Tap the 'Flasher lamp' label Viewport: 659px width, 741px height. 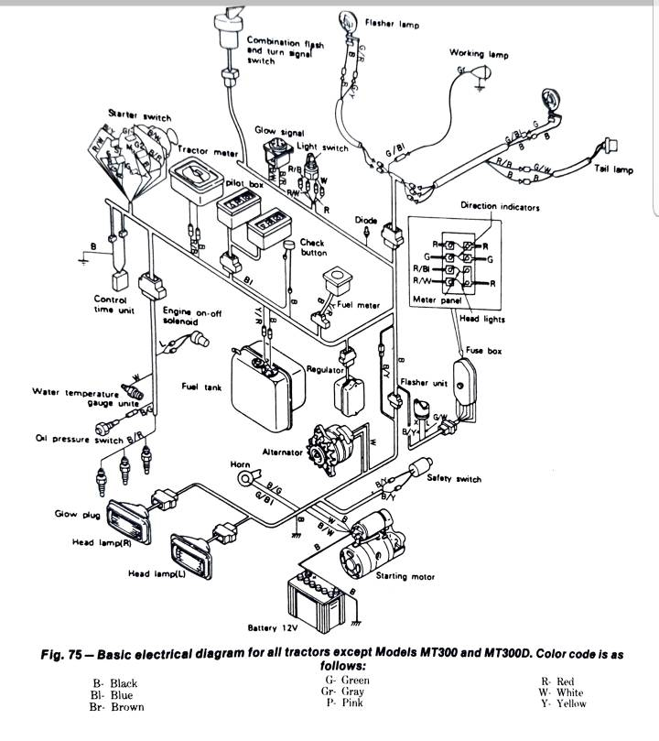click(392, 24)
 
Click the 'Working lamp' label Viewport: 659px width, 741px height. click(479, 53)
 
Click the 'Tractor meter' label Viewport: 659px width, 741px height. click(207, 148)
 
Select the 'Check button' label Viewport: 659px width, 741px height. click(315, 247)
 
